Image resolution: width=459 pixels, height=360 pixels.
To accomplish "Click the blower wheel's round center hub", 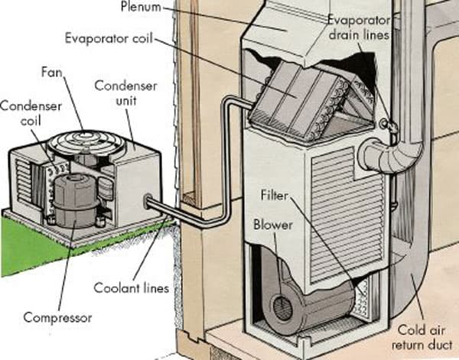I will pos(282,309).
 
